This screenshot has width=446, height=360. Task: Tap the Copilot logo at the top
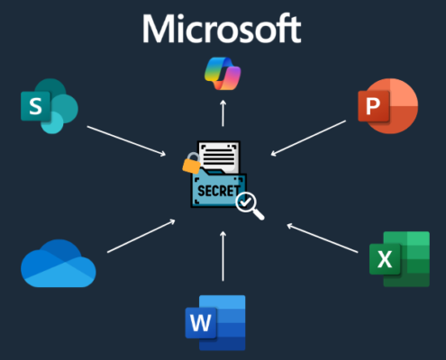pyautogui.click(x=222, y=72)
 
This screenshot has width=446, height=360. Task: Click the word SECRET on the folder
pyautogui.click(x=215, y=191)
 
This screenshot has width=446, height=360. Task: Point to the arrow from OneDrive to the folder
pyautogui.click(x=140, y=235)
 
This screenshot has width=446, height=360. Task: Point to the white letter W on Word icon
pyautogui.click(x=200, y=322)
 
